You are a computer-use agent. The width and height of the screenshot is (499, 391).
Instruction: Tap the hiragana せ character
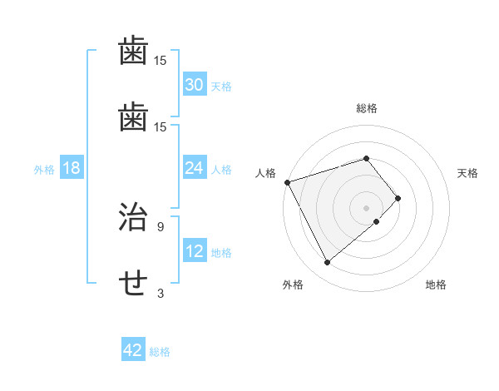click(x=134, y=285)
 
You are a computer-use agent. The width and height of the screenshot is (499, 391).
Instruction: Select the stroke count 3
click(x=161, y=293)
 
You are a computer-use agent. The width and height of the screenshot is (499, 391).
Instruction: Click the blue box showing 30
click(x=195, y=85)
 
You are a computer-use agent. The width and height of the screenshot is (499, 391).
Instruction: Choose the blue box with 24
click(x=195, y=168)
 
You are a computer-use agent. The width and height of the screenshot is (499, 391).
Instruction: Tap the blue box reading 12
click(x=195, y=251)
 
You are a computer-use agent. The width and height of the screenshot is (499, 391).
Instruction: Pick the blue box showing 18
click(x=72, y=168)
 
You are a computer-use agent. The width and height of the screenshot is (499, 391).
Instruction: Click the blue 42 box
click(x=133, y=350)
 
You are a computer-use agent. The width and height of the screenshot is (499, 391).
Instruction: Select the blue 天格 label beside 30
click(x=221, y=87)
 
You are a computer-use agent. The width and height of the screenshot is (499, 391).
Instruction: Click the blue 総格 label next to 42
click(x=160, y=352)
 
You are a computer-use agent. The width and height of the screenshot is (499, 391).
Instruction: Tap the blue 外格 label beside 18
click(x=44, y=170)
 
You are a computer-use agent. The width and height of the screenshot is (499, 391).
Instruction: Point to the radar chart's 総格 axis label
click(x=367, y=108)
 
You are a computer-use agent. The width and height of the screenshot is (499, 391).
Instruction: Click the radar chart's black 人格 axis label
click(x=265, y=173)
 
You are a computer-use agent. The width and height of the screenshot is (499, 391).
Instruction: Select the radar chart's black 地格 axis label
click(x=436, y=285)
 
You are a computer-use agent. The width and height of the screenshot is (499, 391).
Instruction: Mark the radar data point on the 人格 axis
click(x=287, y=182)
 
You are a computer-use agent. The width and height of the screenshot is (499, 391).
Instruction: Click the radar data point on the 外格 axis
click(x=327, y=263)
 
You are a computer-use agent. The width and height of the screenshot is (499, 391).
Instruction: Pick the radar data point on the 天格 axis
click(x=398, y=198)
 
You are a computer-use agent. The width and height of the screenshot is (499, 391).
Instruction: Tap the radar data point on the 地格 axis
click(x=377, y=221)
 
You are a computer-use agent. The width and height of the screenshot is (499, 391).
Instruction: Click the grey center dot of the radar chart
click(x=367, y=207)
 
